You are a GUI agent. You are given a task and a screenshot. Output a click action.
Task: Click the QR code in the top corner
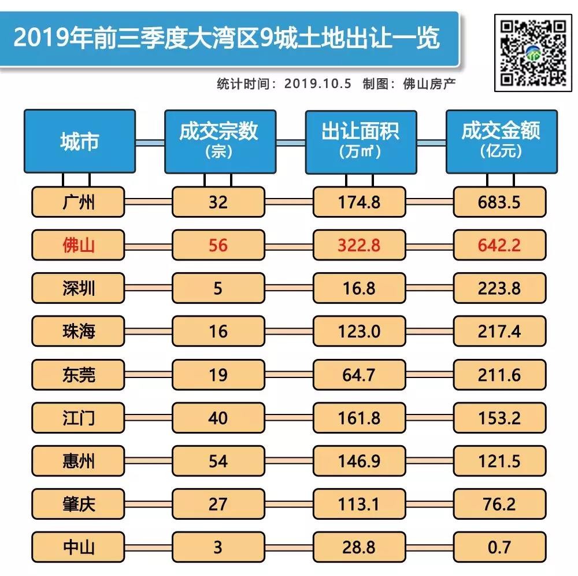tap(532, 53)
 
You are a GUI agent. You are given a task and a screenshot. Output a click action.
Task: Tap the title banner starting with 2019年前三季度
tap(227, 39)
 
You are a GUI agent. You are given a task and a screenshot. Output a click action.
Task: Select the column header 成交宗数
tap(218, 141)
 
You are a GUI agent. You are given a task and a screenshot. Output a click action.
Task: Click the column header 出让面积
tap(360, 141)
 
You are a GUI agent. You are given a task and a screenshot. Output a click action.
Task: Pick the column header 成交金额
tap(501, 141)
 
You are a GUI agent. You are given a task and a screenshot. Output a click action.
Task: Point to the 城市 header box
tap(79, 141)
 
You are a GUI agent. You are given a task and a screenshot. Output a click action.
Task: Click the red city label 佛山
tap(79, 245)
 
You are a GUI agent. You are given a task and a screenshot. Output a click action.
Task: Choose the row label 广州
tap(79, 202)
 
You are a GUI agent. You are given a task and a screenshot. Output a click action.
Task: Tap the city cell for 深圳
tap(79, 288)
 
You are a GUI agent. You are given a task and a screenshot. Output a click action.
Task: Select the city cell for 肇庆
tap(79, 504)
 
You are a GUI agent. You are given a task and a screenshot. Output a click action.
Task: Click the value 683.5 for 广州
tap(500, 202)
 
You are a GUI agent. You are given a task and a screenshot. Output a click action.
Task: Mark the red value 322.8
tap(359, 245)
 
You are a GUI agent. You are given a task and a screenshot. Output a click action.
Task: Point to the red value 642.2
tap(500, 245)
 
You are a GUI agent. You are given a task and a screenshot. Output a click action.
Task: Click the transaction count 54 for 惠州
tap(218, 461)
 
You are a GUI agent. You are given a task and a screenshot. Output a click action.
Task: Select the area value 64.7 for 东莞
tap(359, 375)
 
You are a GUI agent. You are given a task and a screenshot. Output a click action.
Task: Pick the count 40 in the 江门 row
tap(218, 417)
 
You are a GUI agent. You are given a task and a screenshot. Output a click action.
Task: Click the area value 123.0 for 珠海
tap(359, 332)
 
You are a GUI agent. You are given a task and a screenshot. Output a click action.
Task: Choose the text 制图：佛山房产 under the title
tap(409, 83)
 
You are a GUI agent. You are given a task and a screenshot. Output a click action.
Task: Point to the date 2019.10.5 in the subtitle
tap(318, 83)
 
